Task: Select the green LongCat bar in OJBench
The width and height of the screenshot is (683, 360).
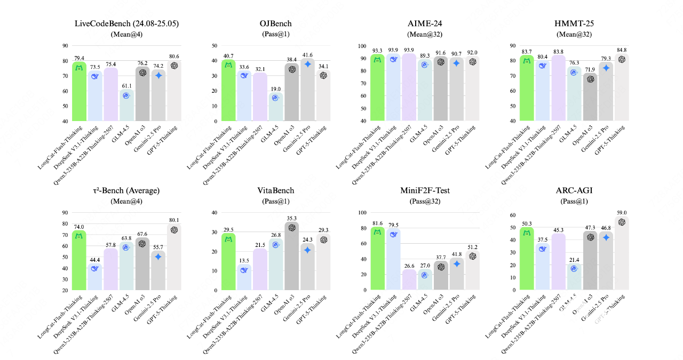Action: point(228,91)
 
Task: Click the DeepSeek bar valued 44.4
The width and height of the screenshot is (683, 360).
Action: point(94,277)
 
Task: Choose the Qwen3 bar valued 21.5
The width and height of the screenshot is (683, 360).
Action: point(259,269)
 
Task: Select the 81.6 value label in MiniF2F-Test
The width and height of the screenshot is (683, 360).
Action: point(378,223)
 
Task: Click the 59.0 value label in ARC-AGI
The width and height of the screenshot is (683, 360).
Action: point(621,212)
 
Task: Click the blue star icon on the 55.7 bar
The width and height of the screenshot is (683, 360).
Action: point(158,257)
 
